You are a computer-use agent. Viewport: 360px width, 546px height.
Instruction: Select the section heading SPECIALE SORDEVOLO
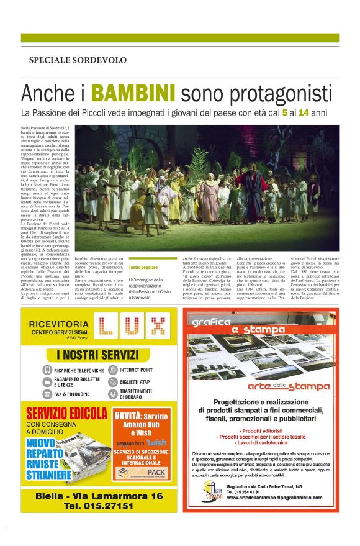tap(78, 60)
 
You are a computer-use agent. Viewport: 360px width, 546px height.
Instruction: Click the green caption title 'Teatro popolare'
tap(143, 267)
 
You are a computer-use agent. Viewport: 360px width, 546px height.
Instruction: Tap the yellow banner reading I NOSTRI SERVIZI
tap(97, 355)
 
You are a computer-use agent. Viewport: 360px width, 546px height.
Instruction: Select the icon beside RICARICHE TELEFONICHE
tap(48, 370)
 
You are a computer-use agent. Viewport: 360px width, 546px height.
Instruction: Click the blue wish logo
tap(158, 442)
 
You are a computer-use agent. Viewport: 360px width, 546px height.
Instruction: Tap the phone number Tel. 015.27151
tap(97, 506)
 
